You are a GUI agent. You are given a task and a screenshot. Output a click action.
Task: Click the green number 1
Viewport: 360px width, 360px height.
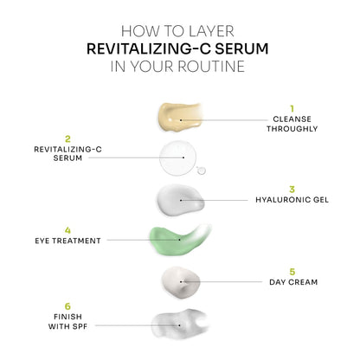tap(292, 109)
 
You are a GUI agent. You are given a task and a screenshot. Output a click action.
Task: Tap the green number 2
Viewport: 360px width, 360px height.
tap(67, 137)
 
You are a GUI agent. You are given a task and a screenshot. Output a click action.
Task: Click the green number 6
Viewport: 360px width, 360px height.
tap(67, 305)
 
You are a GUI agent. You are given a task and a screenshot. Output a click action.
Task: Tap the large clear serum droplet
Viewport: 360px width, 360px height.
tap(179, 158)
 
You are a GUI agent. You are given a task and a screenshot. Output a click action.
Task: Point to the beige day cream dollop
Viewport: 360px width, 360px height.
tap(180, 280)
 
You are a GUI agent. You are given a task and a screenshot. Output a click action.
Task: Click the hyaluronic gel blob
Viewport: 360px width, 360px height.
tap(180, 200)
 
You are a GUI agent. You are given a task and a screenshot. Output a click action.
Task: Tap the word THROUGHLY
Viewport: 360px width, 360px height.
tap(292, 129)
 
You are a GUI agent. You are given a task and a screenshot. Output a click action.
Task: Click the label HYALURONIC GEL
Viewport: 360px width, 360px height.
tap(292, 199)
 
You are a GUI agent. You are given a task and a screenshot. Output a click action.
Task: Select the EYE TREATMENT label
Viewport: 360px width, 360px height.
tap(68, 241)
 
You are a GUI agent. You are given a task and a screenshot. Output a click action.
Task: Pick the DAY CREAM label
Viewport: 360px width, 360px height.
tap(292, 281)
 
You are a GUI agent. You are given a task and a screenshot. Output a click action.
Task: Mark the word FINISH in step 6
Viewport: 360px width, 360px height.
tap(67, 317)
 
